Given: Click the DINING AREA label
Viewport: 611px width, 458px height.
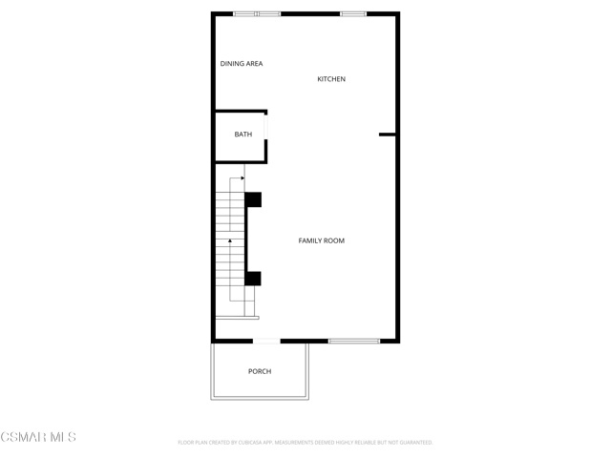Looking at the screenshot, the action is pyautogui.click(x=242, y=64).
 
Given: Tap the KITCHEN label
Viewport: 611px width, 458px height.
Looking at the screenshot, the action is pyautogui.click(x=331, y=79).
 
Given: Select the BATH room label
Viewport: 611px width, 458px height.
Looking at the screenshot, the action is pyautogui.click(x=243, y=135).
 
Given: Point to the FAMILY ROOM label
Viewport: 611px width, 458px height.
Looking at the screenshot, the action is pyautogui.click(x=322, y=240).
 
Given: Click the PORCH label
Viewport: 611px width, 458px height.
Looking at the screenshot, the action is pyautogui.click(x=260, y=371).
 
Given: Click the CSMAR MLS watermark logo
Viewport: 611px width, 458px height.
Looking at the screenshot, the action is pyautogui.click(x=38, y=437).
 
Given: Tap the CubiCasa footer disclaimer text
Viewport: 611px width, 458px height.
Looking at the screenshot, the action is pyautogui.click(x=305, y=443).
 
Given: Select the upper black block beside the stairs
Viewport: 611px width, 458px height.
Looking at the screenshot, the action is pyautogui.click(x=253, y=199).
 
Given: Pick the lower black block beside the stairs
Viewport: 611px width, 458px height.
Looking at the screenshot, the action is pyautogui.click(x=253, y=279).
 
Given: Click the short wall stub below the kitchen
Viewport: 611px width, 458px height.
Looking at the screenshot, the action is pyautogui.click(x=388, y=135).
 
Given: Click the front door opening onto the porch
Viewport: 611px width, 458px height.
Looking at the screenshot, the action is pyautogui.click(x=266, y=342).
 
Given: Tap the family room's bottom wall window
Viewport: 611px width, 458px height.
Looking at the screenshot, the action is pyautogui.click(x=354, y=342).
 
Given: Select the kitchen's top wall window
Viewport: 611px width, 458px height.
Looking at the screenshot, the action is pyautogui.click(x=353, y=14).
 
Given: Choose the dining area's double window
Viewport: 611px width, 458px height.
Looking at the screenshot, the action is pyautogui.click(x=257, y=14).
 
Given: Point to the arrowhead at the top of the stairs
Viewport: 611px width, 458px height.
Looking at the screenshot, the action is pyautogui.click(x=242, y=178).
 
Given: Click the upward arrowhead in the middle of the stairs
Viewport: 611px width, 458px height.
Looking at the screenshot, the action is pyautogui.click(x=230, y=241).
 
